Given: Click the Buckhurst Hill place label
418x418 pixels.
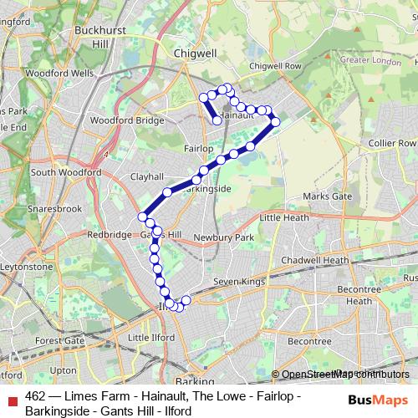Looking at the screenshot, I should [x=99, y=36].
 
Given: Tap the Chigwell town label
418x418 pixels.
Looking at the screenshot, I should [x=195, y=52].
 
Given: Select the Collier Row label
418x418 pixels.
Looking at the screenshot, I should [x=391, y=144].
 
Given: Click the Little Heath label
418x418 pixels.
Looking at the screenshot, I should [x=285, y=217].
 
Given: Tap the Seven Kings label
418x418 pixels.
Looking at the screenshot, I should [x=240, y=283].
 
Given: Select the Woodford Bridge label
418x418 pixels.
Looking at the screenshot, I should [x=127, y=120].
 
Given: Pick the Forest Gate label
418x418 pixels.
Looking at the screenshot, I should [x=60, y=341].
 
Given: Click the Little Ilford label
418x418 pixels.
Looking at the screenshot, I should [x=152, y=337].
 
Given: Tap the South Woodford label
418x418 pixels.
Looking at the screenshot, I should [x=65, y=172].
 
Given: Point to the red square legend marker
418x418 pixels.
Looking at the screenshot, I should [x=12, y=397].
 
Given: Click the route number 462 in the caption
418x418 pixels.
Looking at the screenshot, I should [x=35, y=396].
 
